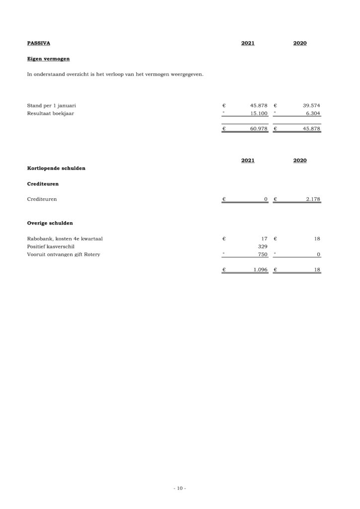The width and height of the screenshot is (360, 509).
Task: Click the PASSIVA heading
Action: pos(38,43)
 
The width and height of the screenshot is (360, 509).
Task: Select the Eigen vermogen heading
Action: pos(48,59)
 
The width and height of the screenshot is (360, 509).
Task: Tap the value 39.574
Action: pos(311,105)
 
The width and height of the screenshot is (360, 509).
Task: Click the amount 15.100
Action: pos(259,113)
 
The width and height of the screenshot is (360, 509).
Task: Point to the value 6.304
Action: pos(313,113)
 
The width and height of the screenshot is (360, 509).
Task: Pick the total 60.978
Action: pos(259,129)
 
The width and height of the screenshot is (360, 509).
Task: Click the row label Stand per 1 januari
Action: pos(51,105)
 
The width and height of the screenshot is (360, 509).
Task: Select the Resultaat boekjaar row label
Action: pos(50,113)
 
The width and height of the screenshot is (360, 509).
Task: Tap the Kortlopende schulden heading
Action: pos(56,168)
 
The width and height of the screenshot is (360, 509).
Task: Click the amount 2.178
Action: pos(313,199)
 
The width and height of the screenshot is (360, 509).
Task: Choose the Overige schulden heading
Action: pos(50,223)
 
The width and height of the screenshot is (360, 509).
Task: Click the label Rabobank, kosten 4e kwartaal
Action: pos(65,239)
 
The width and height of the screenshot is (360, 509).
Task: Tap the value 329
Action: pos(263,247)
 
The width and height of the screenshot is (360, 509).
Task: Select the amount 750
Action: pos(263,254)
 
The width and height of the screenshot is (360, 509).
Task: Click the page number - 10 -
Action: pos(180,488)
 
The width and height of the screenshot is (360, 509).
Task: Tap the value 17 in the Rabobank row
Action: pos(265,239)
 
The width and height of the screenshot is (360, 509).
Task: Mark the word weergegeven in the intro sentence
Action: pos(186,75)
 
